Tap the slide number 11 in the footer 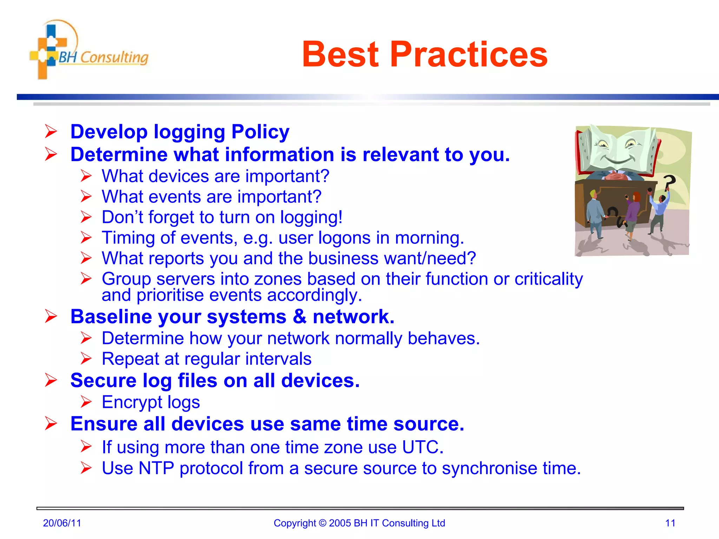coord(670,523)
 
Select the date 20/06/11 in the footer coord(62,523)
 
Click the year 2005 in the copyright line coord(340,523)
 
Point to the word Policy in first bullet coord(260,132)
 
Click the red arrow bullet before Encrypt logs coord(86,401)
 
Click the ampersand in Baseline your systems coord(299,317)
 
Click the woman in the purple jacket coord(633,214)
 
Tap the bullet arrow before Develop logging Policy coord(51,132)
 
